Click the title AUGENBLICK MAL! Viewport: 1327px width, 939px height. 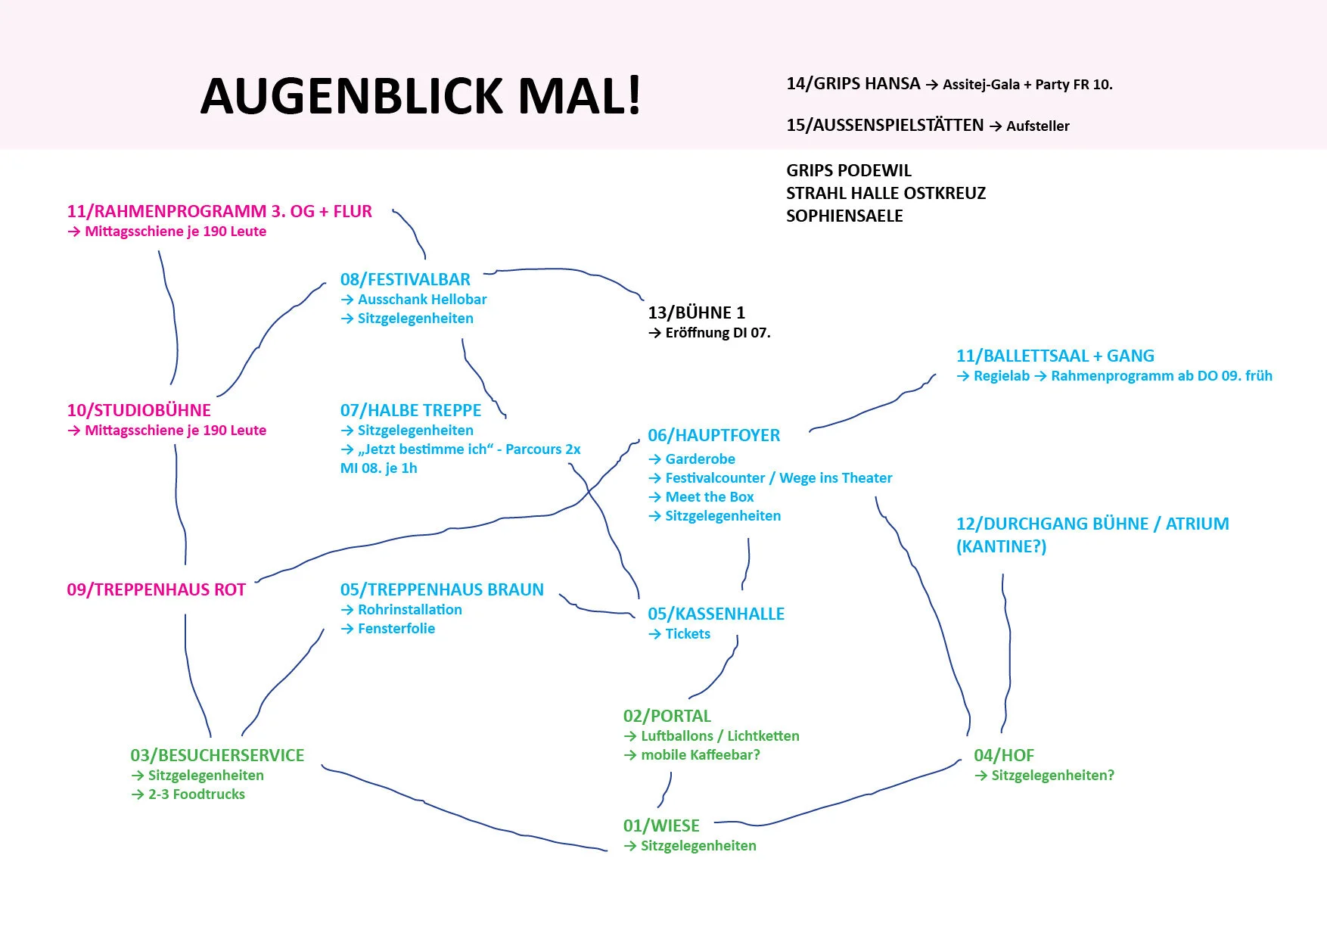(x=421, y=96)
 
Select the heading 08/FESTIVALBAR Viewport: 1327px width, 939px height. (x=405, y=279)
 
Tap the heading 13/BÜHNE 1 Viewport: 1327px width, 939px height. (x=696, y=312)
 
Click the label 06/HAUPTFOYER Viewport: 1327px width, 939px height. (x=713, y=435)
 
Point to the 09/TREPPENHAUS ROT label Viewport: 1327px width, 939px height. (x=156, y=589)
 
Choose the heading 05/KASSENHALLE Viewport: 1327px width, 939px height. (x=716, y=614)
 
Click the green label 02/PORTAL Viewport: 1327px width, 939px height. (x=667, y=716)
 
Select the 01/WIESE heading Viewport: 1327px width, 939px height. (x=660, y=826)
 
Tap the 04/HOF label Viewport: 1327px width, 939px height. (x=1003, y=755)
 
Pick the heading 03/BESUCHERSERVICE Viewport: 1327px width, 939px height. (x=217, y=755)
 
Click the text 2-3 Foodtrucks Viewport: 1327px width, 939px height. (x=197, y=794)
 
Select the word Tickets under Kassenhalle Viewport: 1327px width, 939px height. (x=687, y=633)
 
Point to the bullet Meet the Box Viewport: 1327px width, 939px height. (x=709, y=496)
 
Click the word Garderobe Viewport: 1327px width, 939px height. (x=700, y=459)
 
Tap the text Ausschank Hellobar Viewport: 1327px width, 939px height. (x=422, y=299)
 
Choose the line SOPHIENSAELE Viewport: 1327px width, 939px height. (x=844, y=216)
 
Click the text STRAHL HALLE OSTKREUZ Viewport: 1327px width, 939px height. (x=886, y=193)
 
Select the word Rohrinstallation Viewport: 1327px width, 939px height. (x=409, y=609)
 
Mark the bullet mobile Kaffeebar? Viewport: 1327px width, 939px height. (x=700, y=754)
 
